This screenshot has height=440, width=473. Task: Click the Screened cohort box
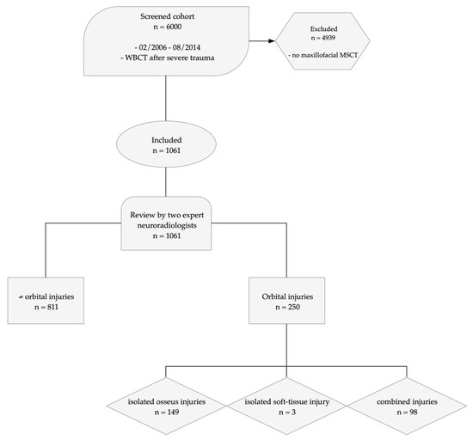(x=166, y=41)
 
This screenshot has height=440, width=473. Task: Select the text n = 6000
(x=168, y=27)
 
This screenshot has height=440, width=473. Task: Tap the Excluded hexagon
(x=322, y=41)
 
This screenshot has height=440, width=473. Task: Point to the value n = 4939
(x=323, y=38)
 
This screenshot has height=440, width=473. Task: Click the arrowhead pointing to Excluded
(x=271, y=41)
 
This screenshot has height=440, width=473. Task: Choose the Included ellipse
(x=166, y=144)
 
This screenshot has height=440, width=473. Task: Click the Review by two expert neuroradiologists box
(x=166, y=223)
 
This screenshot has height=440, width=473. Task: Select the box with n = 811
(x=46, y=301)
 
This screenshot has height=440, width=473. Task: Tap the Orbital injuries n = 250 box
(x=287, y=301)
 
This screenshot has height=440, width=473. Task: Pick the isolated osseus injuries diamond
(x=166, y=406)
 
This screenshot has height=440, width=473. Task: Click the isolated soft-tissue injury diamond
(x=286, y=406)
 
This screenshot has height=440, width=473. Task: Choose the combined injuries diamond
(x=407, y=406)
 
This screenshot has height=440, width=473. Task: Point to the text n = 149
(x=167, y=412)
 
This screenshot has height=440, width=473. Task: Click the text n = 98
(x=408, y=412)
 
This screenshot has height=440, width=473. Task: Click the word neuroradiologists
(x=167, y=225)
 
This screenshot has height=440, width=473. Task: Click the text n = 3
(x=287, y=412)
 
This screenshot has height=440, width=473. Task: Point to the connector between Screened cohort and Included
(x=166, y=99)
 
